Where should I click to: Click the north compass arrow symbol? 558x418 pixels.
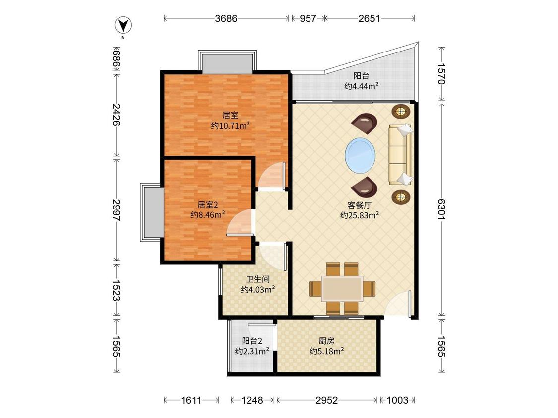(x=123, y=26)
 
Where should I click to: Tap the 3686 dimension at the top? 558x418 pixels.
(x=226, y=18)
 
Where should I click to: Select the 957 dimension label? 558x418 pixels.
(x=308, y=18)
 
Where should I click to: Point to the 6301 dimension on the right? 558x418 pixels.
(x=441, y=209)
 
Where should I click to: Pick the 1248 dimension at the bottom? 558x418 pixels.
(x=252, y=400)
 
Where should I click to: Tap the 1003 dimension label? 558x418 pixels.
(x=397, y=400)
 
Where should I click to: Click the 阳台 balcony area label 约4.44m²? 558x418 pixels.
(x=361, y=86)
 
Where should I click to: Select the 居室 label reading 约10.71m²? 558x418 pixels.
(x=230, y=125)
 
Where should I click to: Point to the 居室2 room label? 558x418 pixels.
(x=207, y=205)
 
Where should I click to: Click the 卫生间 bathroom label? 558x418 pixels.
(x=257, y=279)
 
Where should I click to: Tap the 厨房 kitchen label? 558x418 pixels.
(x=326, y=341)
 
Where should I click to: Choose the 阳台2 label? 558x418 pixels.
(x=252, y=341)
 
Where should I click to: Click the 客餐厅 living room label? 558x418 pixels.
(x=360, y=205)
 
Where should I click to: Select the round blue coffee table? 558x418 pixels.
(x=360, y=156)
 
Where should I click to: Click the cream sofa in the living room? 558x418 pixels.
(x=400, y=155)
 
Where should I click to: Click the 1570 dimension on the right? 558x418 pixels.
(x=441, y=74)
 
